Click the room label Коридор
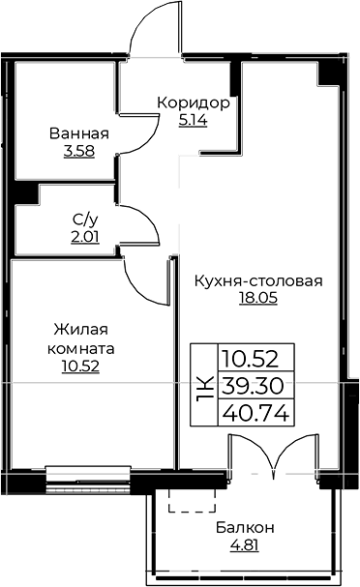[194, 103]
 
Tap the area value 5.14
[194, 122]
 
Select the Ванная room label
[79, 133]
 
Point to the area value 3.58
[79, 153]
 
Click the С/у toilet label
[82, 220]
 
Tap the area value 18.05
[257, 299]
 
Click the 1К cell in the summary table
[203, 385]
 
